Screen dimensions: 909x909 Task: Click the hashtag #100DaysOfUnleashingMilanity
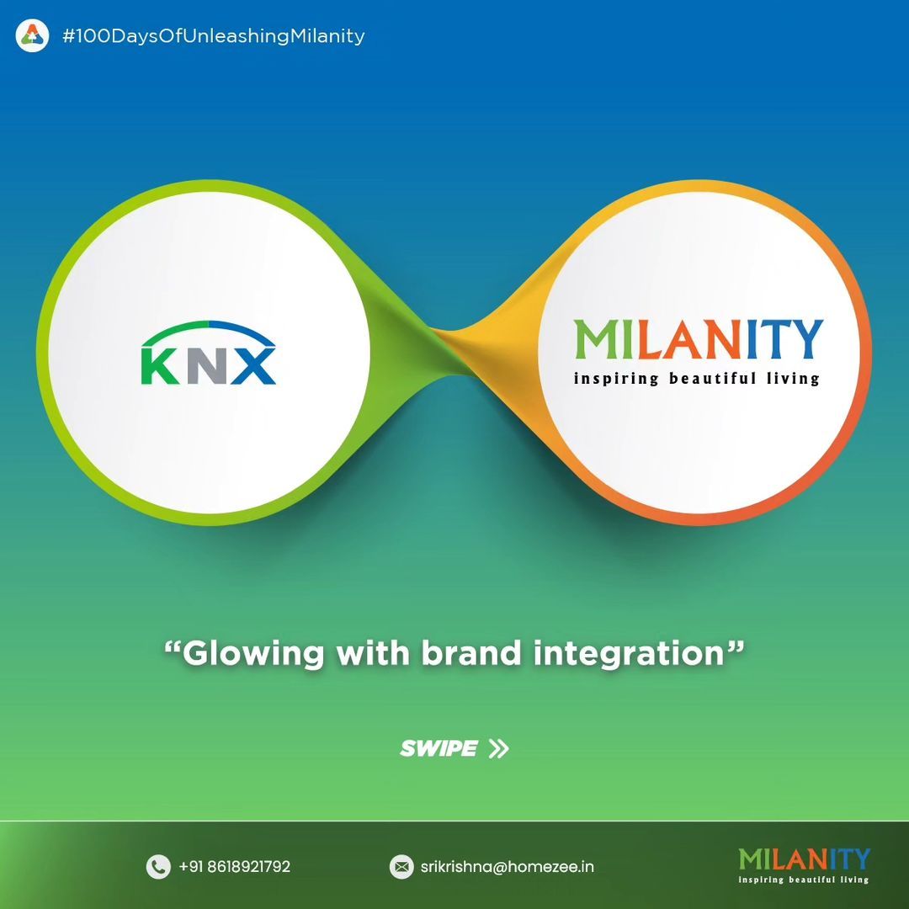tap(213, 36)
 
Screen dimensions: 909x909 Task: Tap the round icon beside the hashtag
tap(32, 36)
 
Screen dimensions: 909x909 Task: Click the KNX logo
tap(209, 353)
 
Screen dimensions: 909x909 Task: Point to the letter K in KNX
tap(160, 366)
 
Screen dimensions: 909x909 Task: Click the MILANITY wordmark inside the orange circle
tap(699, 339)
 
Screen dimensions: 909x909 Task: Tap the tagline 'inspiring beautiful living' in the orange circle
tap(697, 379)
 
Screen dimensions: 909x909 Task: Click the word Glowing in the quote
tap(253, 655)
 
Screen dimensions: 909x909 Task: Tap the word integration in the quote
tap(630, 655)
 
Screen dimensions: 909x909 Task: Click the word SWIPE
tap(439, 748)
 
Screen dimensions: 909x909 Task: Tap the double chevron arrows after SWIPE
tap(498, 748)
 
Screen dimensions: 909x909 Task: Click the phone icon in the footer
tap(158, 867)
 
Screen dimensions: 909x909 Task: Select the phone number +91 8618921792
tap(235, 867)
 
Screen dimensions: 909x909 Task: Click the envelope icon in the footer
tap(401, 867)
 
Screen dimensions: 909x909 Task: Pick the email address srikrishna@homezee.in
tap(508, 867)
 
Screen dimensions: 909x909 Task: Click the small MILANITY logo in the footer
tap(804, 865)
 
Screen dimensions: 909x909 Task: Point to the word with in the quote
tap(373, 653)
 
